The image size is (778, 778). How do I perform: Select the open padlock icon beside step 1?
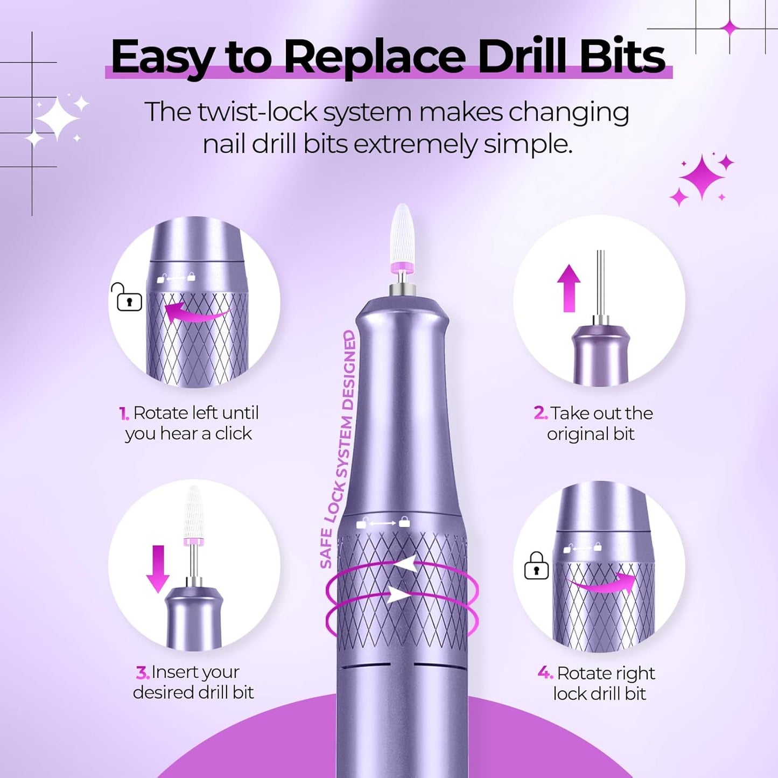[x=128, y=298]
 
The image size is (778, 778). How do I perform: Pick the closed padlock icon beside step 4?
[x=536, y=566]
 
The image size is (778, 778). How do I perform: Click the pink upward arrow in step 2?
[x=569, y=288]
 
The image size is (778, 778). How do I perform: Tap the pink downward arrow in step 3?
[x=158, y=568]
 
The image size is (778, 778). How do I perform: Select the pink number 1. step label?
[x=124, y=413]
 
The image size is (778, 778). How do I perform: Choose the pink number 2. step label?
[x=540, y=413]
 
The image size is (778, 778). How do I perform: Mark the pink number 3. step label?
[x=142, y=672]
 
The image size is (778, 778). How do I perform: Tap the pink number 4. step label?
[x=545, y=673]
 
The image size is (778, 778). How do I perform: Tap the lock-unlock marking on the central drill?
[x=383, y=523]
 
